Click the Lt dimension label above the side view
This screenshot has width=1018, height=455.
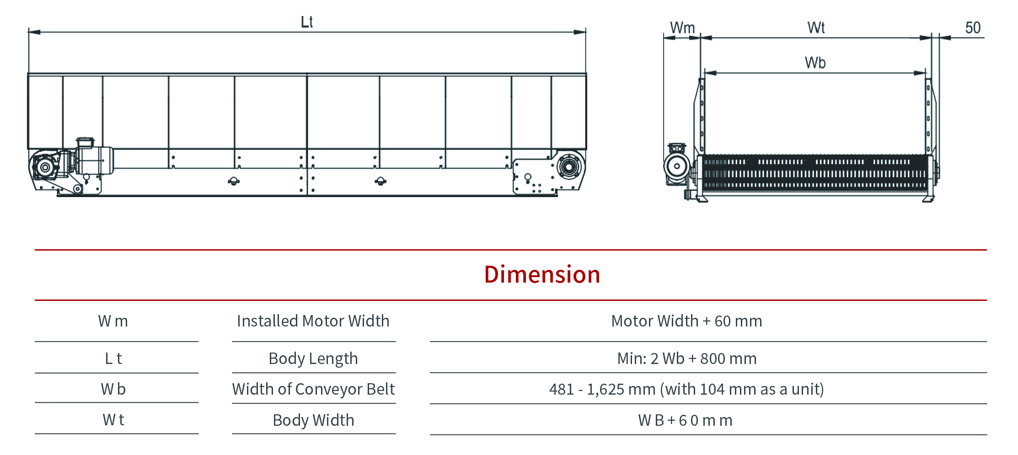[307, 22]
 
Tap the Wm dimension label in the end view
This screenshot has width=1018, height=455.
[682, 28]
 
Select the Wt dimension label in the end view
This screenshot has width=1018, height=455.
[816, 28]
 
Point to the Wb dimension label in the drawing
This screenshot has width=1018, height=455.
[815, 63]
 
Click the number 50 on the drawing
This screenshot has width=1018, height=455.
[973, 28]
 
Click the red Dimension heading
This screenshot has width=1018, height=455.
[542, 275]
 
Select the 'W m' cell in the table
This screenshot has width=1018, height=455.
[113, 321]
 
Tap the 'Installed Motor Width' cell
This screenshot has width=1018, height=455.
[313, 321]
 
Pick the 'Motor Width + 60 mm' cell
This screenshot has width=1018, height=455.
[686, 321]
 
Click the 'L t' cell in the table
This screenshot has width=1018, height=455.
[113, 359]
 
